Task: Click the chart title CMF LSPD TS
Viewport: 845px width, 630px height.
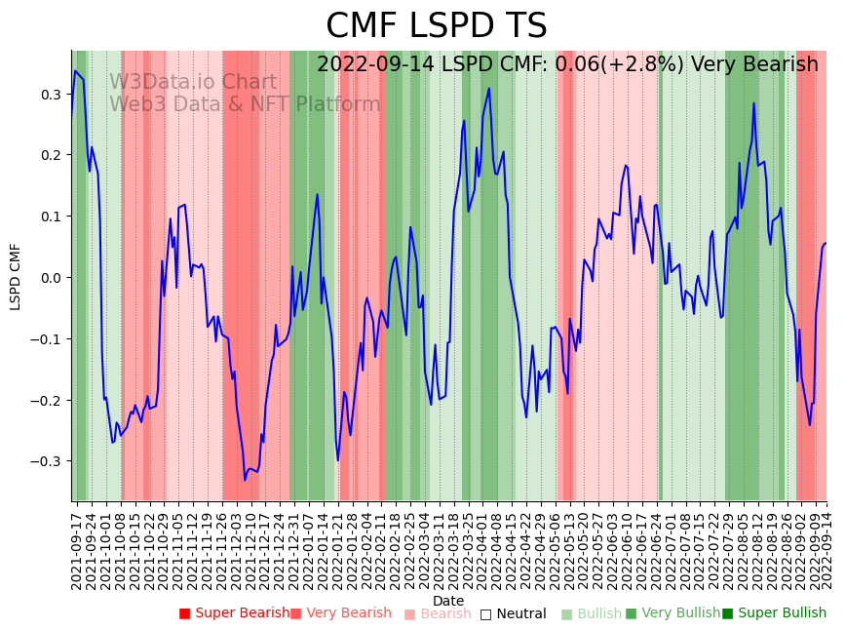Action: coord(436,26)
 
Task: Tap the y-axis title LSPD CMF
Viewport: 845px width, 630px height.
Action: coord(16,277)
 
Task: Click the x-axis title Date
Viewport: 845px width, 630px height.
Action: coord(448,601)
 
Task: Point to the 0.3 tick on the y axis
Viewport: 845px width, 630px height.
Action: coord(51,95)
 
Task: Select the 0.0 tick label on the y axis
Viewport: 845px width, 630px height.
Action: coord(51,278)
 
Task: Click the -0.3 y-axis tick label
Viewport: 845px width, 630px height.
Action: coord(48,461)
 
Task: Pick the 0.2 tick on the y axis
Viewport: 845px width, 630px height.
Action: coord(51,155)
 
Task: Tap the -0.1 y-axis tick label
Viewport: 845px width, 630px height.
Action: coord(48,339)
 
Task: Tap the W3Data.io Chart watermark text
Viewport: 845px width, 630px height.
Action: coord(193,83)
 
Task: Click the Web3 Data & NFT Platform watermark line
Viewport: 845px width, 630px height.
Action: coord(245,104)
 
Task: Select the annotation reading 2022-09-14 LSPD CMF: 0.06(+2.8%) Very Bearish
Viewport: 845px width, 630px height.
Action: coord(567,65)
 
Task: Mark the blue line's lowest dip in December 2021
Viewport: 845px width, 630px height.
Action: coord(245,480)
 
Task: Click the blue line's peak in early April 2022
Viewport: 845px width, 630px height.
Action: coord(488,89)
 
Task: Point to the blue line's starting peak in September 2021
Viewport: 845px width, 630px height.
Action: coord(75,70)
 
